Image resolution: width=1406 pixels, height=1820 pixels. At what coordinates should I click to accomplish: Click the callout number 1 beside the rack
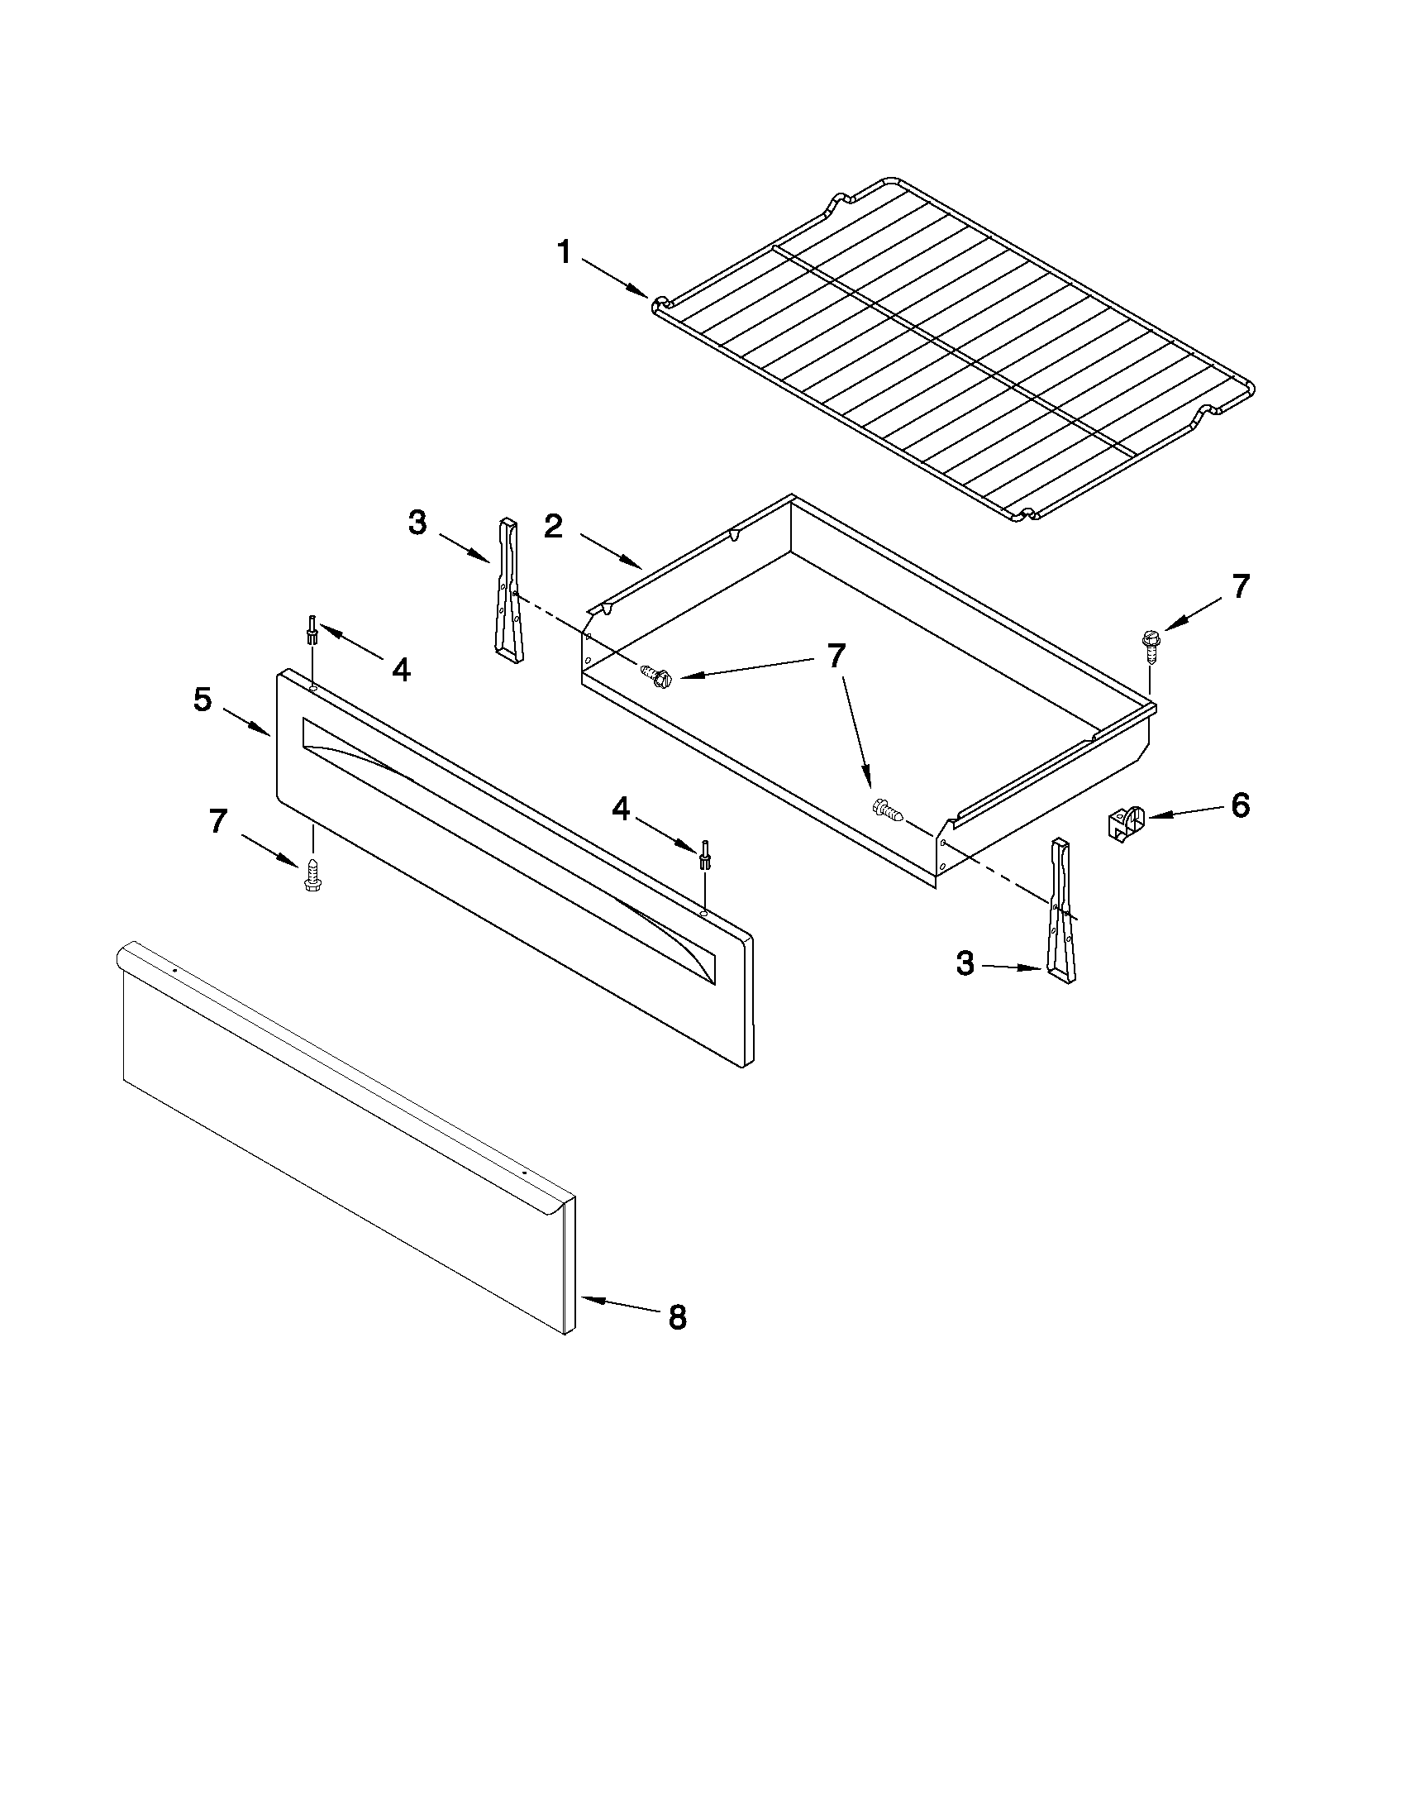tap(564, 251)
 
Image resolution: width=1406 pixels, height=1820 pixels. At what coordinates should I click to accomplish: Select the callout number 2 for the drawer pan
tap(554, 527)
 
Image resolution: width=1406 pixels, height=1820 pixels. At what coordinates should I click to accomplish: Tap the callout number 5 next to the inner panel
tap(203, 700)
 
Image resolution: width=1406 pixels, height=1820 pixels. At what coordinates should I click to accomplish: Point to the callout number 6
tap(1240, 806)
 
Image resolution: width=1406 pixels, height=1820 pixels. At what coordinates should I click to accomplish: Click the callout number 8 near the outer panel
tap(677, 1317)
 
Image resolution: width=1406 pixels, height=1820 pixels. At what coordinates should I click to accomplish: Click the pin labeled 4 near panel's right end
tap(704, 855)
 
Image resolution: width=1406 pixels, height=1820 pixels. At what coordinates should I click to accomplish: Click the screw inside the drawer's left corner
tap(656, 675)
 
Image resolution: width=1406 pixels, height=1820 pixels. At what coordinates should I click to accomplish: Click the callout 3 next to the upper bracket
tap(417, 523)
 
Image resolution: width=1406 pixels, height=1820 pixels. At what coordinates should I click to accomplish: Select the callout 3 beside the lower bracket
tap(965, 964)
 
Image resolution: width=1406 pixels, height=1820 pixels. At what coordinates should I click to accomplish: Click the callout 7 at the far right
tap(1240, 587)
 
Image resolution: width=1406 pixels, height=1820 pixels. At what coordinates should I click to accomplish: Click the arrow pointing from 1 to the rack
tap(615, 278)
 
